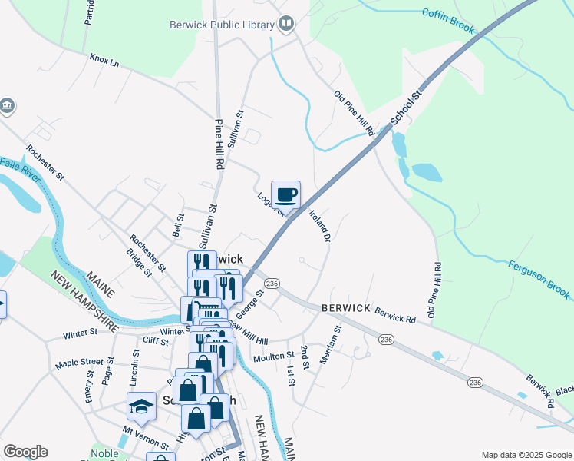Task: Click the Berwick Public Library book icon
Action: pyautogui.click(x=286, y=25)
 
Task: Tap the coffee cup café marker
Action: pyautogui.click(x=285, y=195)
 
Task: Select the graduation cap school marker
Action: pyautogui.click(x=141, y=406)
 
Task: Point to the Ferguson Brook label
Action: pyautogui.click(x=539, y=279)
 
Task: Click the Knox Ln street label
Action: pyautogui.click(x=105, y=58)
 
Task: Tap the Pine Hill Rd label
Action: pyautogui.click(x=219, y=144)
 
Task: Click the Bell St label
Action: pyautogui.click(x=178, y=226)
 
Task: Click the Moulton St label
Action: pyautogui.click(x=274, y=356)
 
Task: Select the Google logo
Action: pyautogui.click(x=25, y=452)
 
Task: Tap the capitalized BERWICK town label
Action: pyautogui.click(x=346, y=307)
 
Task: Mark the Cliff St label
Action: pyautogui.click(x=155, y=340)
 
